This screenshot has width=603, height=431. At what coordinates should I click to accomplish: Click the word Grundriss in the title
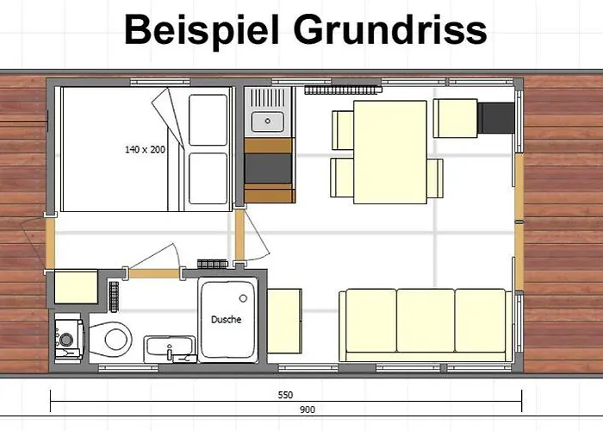pos(390,31)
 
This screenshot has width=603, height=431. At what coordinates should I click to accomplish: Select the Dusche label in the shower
pos(226,319)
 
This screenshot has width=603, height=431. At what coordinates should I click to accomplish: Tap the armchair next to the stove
pos(454,118)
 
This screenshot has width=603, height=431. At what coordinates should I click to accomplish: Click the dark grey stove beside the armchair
pos(497,117)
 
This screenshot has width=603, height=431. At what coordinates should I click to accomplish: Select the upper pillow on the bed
pos(207,119)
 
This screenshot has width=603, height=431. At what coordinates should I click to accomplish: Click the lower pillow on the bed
pos(207,178)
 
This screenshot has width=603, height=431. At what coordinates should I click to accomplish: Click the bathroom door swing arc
pos(155,256)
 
